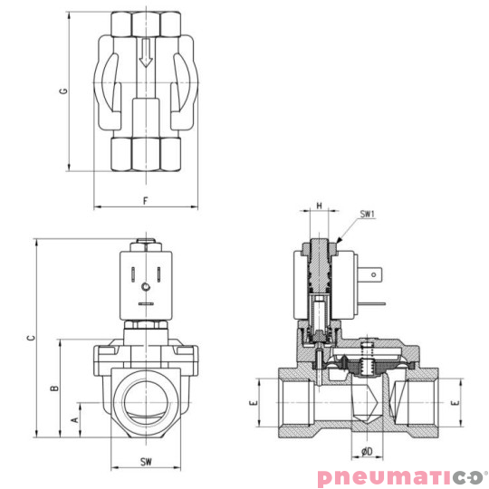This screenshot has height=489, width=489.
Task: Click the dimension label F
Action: [x=145, y=199]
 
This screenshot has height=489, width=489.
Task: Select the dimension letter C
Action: [x=30, y=337]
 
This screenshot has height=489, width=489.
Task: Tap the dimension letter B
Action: [x=55, y=388]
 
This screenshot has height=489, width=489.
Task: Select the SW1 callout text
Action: [x=367, y=215]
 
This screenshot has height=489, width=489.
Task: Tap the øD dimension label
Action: [x=366, y=450]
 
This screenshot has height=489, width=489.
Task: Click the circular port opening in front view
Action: [x=145, y=398]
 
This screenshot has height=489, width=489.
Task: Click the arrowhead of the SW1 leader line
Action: [x=337, y=241]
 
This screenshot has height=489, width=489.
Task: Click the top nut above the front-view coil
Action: [x=145, y=244]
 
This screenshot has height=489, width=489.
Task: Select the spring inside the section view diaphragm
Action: [x=368, y=365]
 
